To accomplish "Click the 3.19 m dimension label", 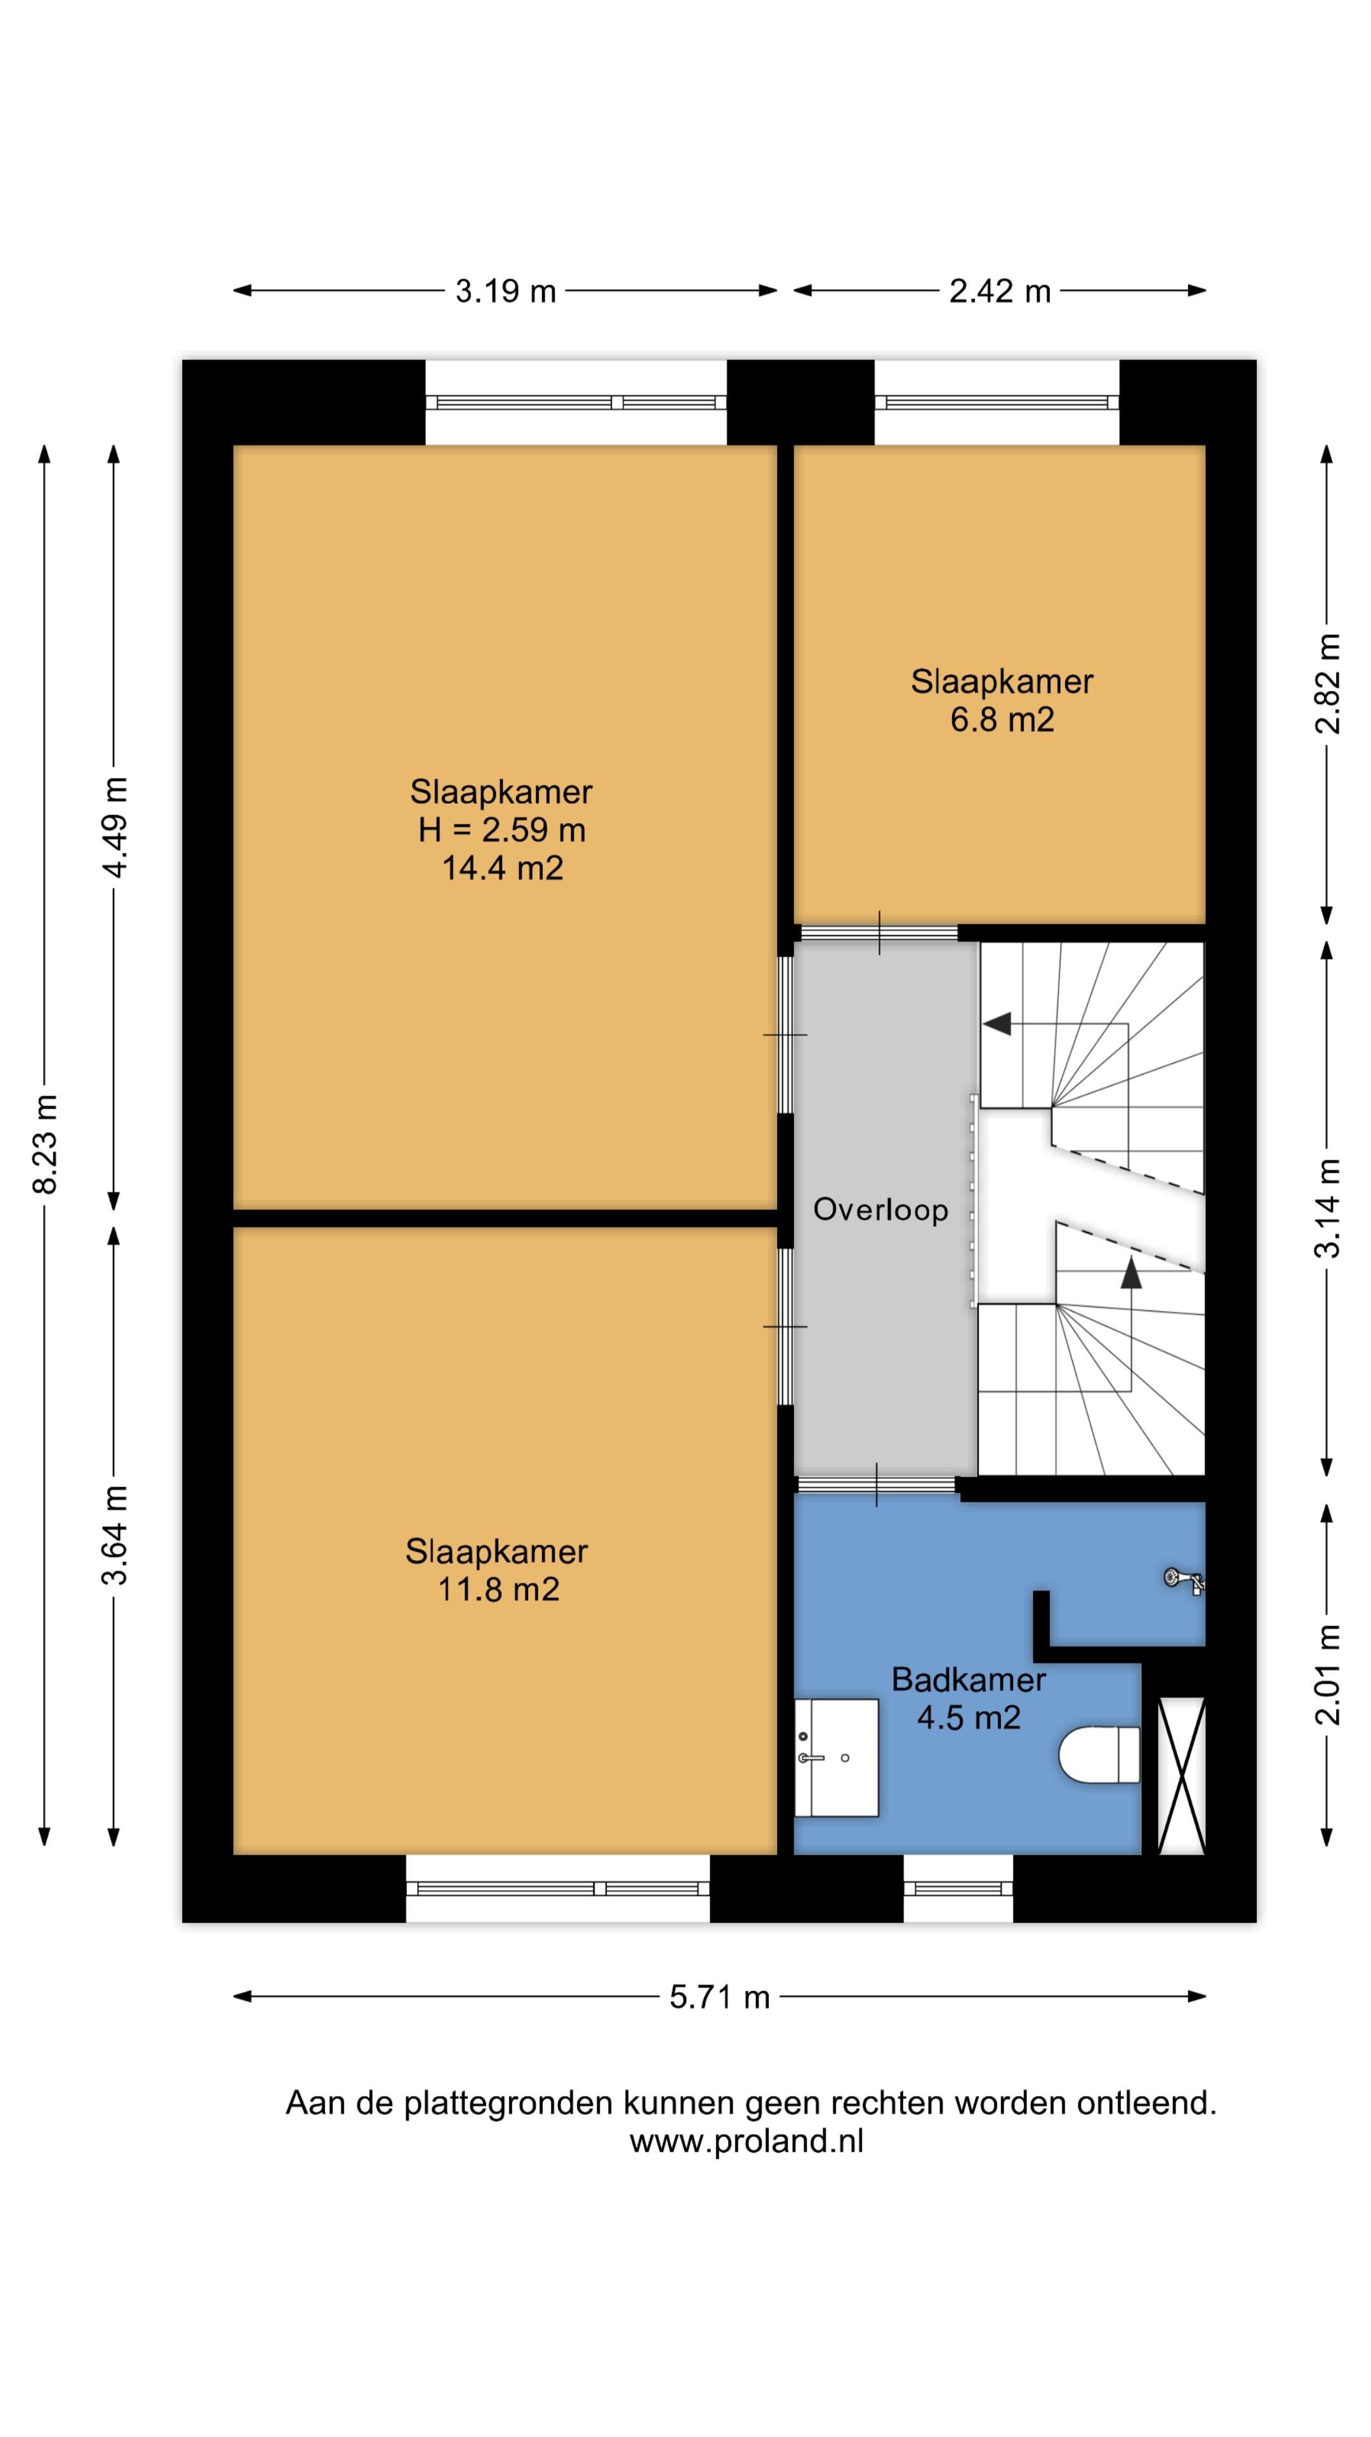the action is pos(505,291).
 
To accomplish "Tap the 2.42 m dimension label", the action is pos(1000,291).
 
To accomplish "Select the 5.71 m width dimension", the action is pos(720,1997).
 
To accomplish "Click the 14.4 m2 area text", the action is pos(503,868).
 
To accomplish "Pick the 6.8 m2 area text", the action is pos(1002,720).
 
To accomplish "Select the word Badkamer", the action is pos(969,1679).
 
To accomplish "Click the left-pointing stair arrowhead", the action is pos(997,1024).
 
